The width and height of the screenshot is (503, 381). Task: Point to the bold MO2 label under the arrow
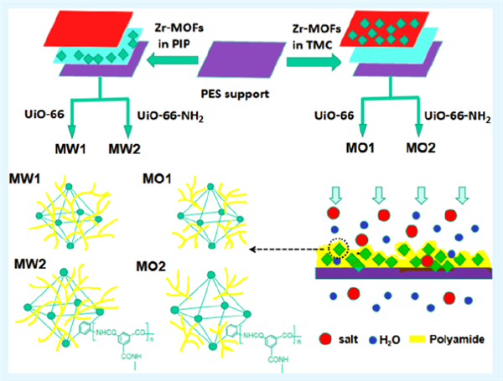(422, 150)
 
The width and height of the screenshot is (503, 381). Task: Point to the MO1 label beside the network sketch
(157, 179)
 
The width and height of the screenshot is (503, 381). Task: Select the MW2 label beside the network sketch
(29, 253)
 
